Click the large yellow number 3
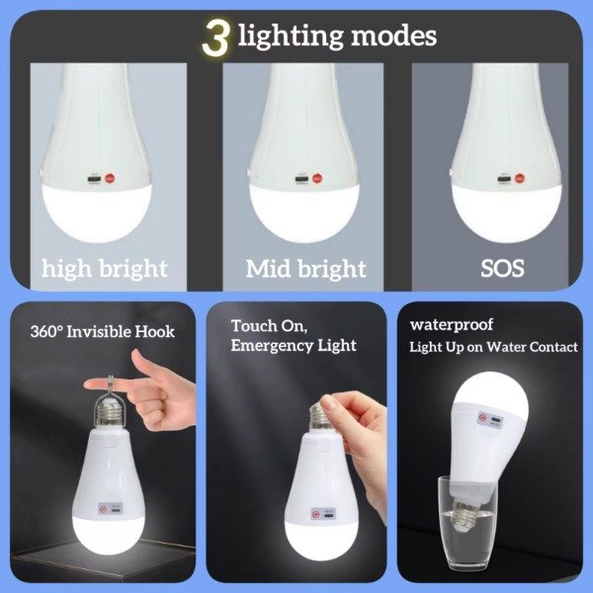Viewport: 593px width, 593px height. point(215,38)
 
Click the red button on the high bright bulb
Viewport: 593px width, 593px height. point(110,178)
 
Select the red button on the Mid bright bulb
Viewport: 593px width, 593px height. point(317,178)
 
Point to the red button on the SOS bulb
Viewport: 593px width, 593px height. point(519,178)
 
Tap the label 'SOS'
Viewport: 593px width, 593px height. point(502,269)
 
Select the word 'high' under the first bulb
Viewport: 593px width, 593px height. point(66,269)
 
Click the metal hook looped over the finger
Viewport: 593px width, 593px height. point(110,387)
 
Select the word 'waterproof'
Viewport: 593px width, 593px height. point(452,325)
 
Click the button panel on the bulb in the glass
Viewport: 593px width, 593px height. point(490,419)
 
